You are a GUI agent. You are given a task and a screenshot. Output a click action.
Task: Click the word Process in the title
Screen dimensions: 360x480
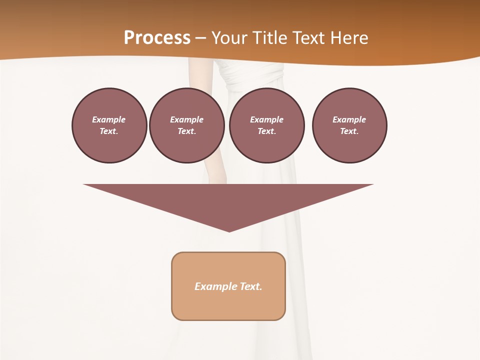click(x=157, y=38)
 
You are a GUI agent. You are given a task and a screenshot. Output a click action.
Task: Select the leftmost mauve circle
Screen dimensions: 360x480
click(x=109, y=125)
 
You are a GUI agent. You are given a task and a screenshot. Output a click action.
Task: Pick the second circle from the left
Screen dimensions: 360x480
click(x=186, y=125)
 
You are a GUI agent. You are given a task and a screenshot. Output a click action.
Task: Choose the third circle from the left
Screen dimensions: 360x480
click(x=266, y=125)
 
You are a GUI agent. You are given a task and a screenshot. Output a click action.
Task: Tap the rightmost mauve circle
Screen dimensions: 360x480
click(x=349, y=125)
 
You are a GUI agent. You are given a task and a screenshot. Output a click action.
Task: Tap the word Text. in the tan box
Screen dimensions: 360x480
click(x=251, y=286)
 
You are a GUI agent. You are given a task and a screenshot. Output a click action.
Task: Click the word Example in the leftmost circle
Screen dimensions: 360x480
click(x=109, y=119)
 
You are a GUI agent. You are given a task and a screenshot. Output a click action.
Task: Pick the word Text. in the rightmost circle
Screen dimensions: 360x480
click(x=349, y=131)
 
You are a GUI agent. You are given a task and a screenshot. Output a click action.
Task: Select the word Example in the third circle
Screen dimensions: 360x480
click(x=266, y=119)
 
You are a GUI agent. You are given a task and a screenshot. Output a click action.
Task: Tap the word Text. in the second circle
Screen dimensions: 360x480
click(x=186, y=131)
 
